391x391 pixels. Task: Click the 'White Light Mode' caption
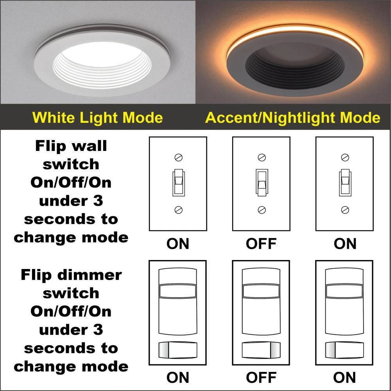pos(97,117)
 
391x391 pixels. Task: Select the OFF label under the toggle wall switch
pos(261,244)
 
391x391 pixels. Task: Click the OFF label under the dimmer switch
pos(261,378)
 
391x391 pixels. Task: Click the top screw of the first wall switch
pos(178,158)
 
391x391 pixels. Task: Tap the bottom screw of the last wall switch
pos(345,210)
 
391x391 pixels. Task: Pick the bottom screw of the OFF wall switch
pos(262,210)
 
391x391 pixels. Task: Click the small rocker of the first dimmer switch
pos(178,349)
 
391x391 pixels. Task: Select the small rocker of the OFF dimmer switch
pos(261,349)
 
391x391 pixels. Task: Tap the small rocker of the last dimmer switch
pos(344,349)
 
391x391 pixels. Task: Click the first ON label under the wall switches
pos(178,244)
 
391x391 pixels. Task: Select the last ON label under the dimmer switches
pos(344,378)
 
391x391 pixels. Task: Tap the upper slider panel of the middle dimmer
pos(261,291)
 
